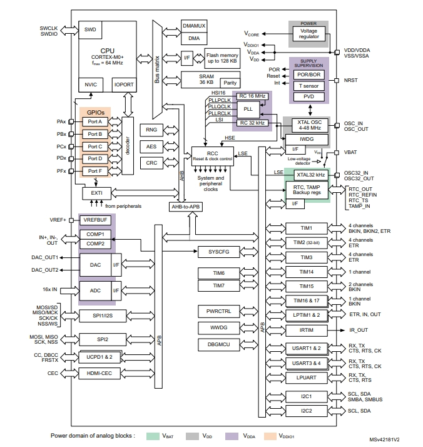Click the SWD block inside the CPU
click(x=89, y=29)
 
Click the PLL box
click(x=247, y=108)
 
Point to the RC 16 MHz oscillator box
click(x=252, y=95)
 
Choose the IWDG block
click(x=305, y=139)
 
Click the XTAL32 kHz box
click(x=310, y=176)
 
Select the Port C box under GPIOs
click(x=95, y=146)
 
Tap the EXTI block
click(x=96, y=193)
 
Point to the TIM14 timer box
click(x=306, y=272)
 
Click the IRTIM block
click(x=306, y=329)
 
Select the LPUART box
click(x=306, y=378)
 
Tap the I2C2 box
click(x=306, y=411)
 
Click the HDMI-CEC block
click(x=98, y=374)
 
